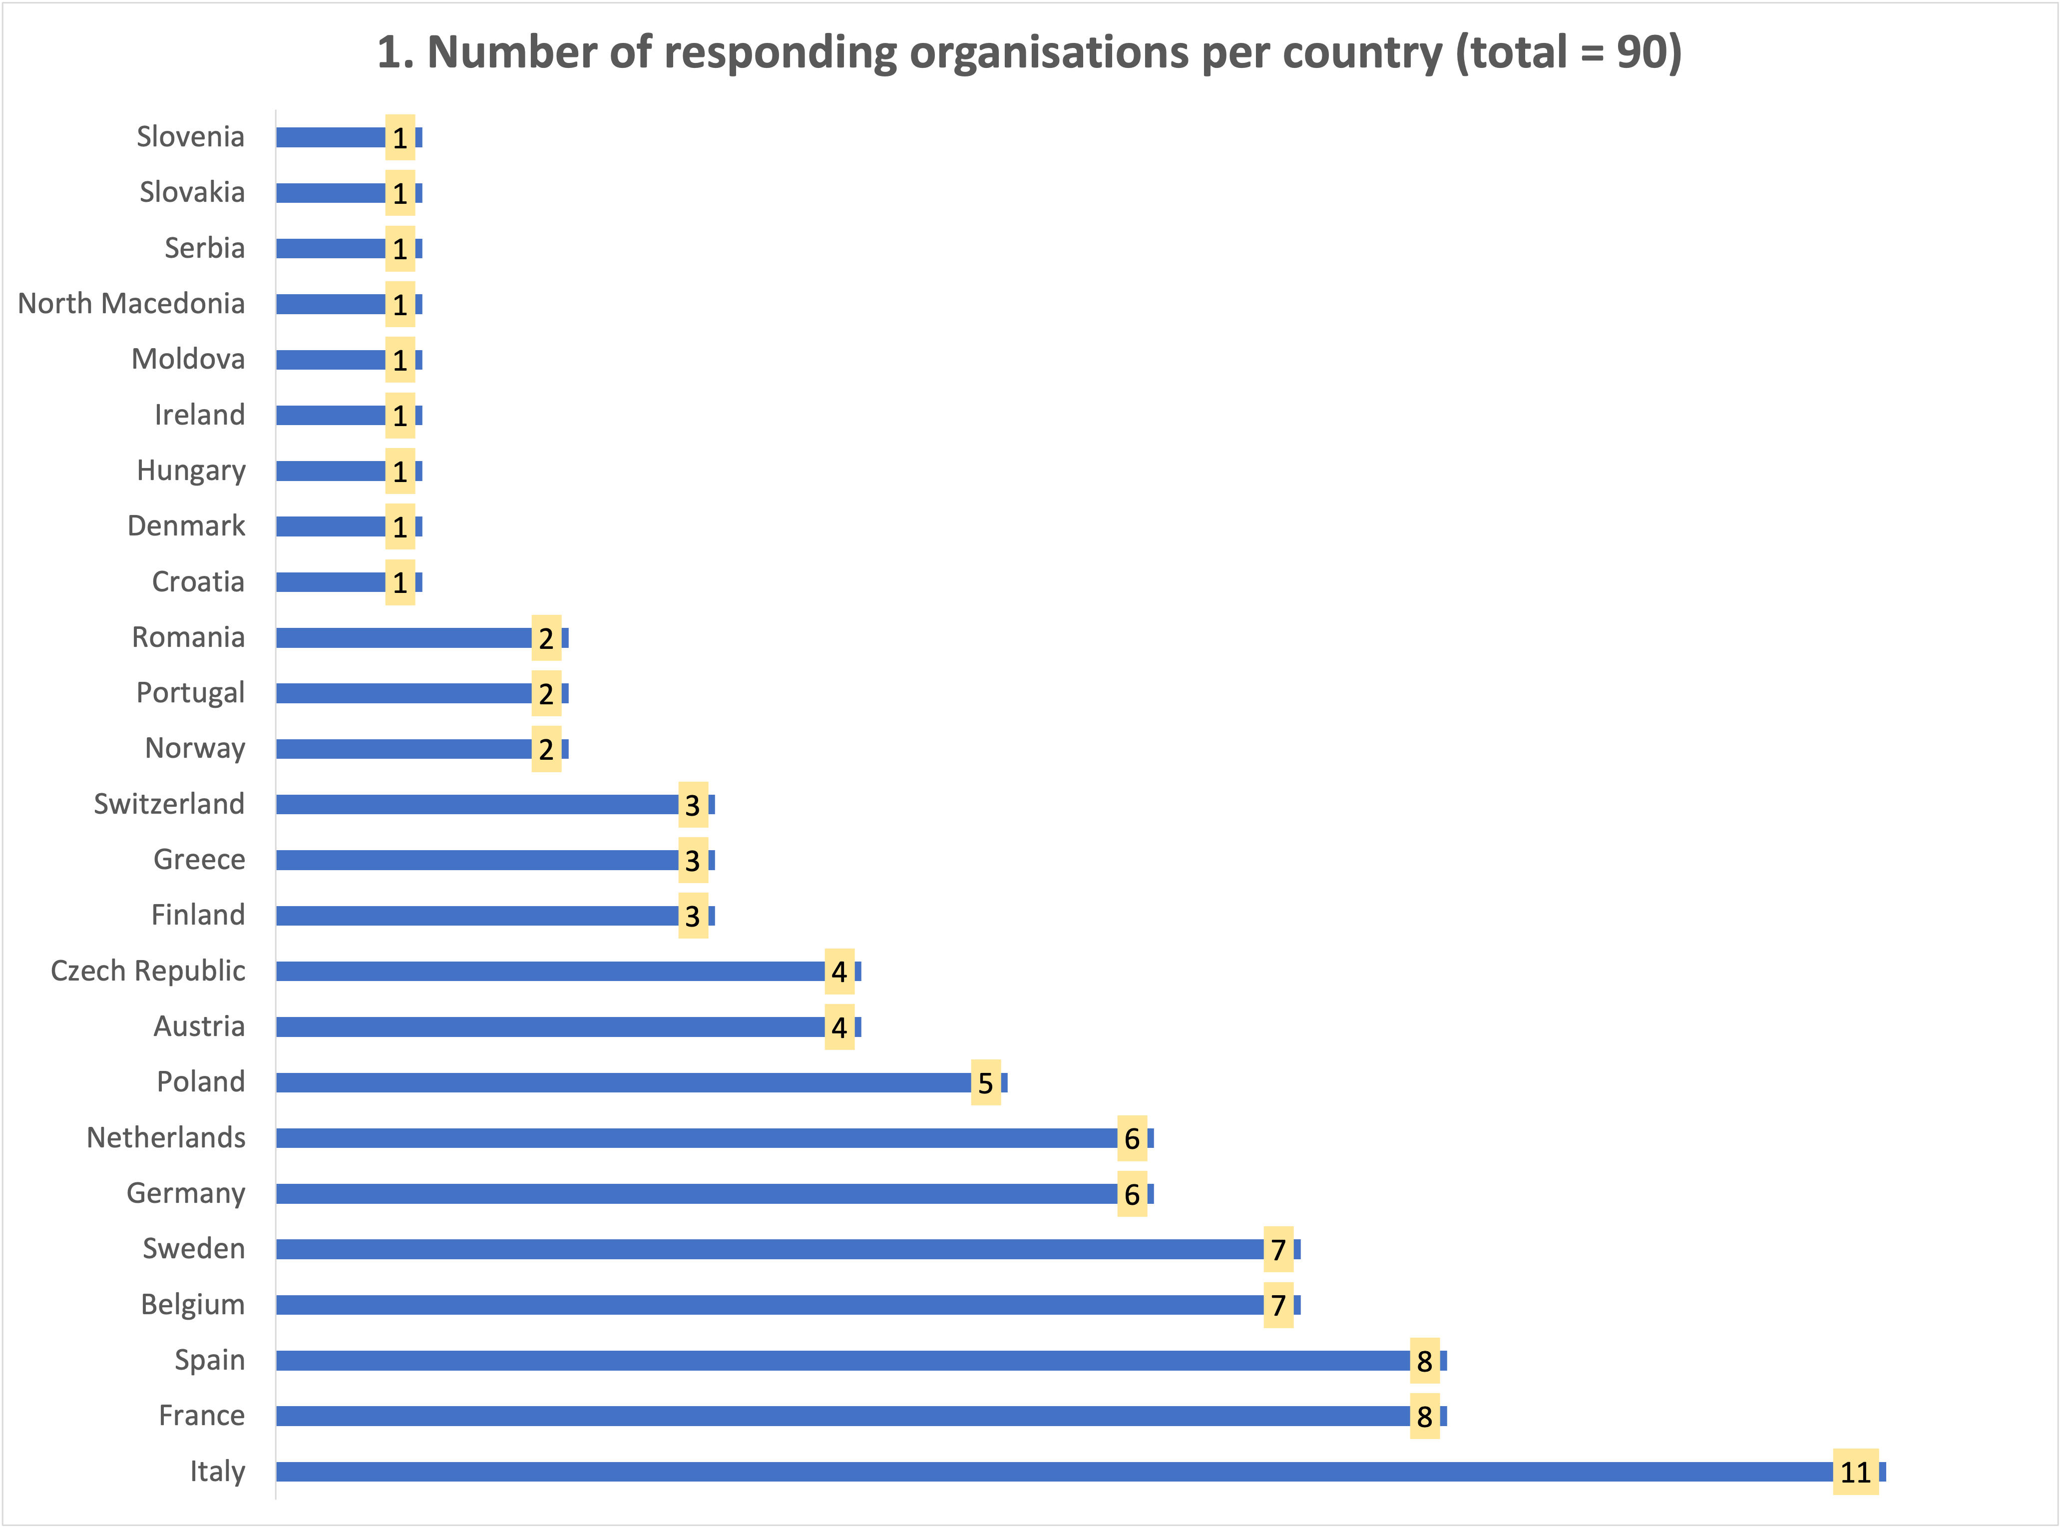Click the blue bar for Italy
click(x=1055, y=1472)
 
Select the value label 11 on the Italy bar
click(x=1855, y=1472)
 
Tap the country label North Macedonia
click(x=131, y=304)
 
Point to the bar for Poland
click(x=625, y=1082)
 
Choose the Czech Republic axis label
click(x=148, y=971)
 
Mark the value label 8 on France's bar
click(x=1424, y=1416)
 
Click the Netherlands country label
click(x=167, y=1137)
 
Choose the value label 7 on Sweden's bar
click(x=1278, y=1249)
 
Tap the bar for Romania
click(x=405, y=638)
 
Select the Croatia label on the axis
click(x=198, y=582)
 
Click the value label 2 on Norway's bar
click(x=546, y=749)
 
